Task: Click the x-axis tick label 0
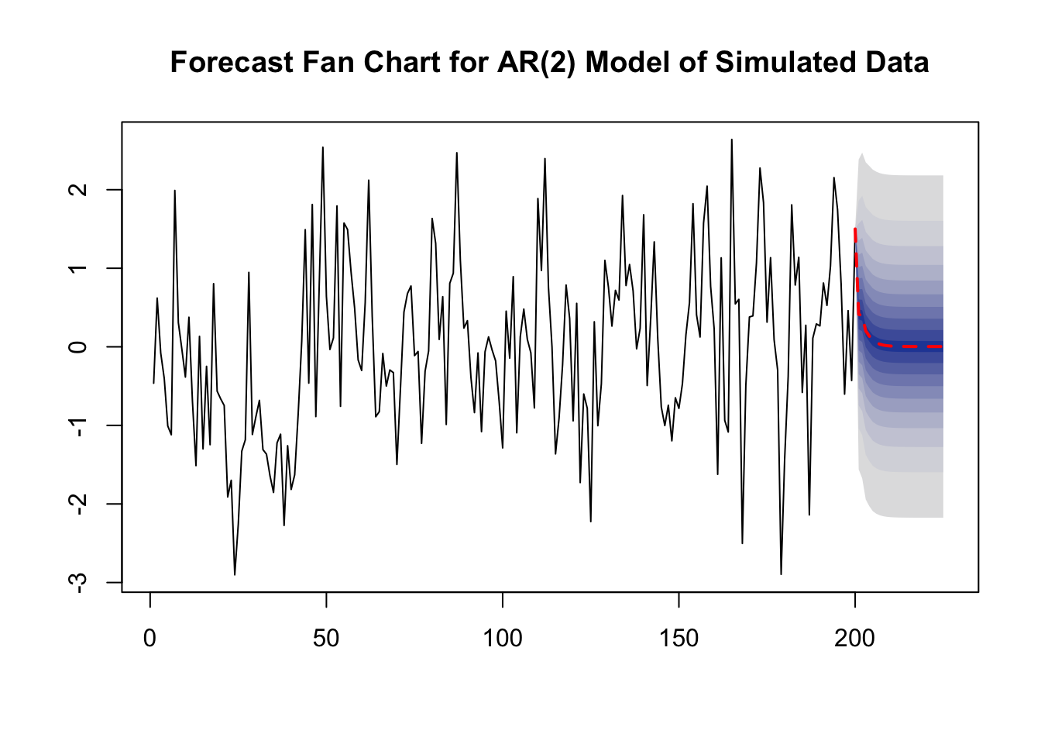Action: click(150, 639)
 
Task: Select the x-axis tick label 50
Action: click(326, 639)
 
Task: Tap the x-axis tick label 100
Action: click(503, 639)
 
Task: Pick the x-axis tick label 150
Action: click(679, 639)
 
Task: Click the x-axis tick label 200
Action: click(854, 639)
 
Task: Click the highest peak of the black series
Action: click(731, 140)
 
